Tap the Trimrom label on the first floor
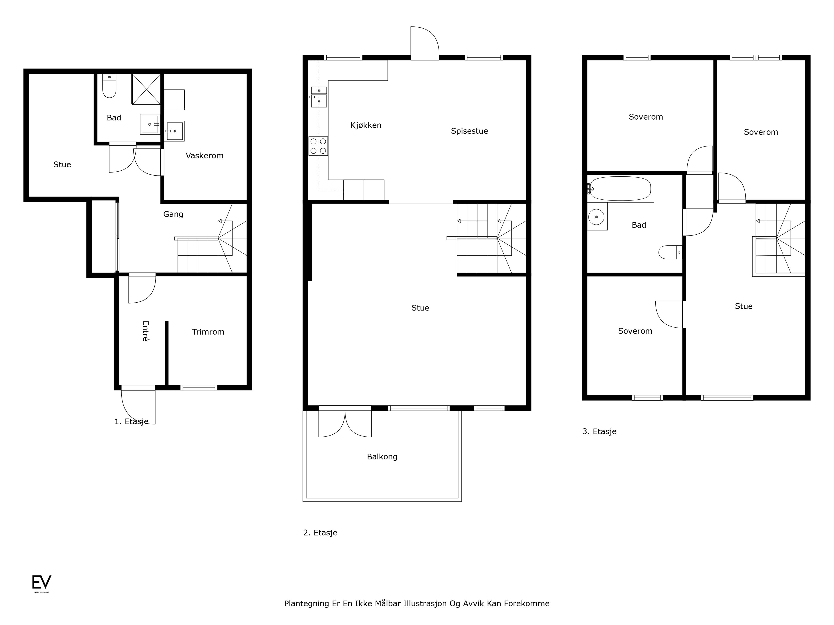click(x=208, y=332)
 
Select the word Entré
click(x=145, y=331)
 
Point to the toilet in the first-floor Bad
click(x=109, y=86)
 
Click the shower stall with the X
click(x=146, y=89)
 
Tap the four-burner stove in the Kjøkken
click(x=318, y=146)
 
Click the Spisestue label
click(x=469, y=131)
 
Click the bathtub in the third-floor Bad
click(x=620, y=188)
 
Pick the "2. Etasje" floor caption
click(x=320, y=533)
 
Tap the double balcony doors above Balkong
click(x=345, y=422)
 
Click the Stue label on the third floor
click(x=743, y=306)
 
